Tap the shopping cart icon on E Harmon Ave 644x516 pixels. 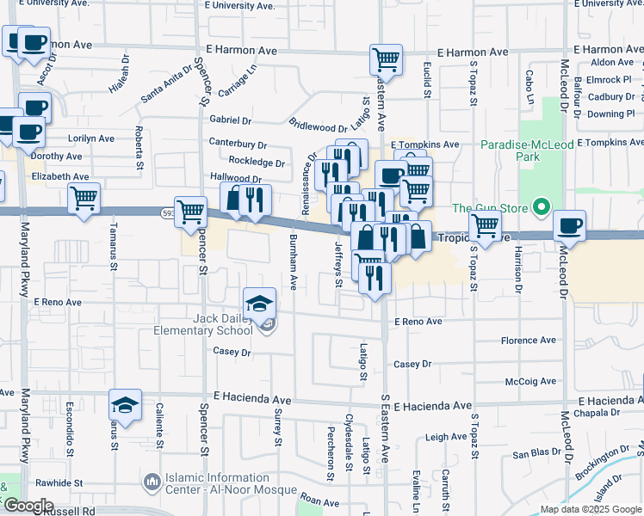pyautogui.click(x=386, y=60)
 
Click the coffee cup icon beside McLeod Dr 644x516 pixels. pyautogui.click(x=569, y=226)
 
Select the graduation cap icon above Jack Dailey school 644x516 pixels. pyautogui.click(x=259, y=303)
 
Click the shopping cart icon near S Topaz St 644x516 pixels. pyautogui.click(x=485, y=226)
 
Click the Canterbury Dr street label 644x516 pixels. pyautogui.click(x=238, y=144)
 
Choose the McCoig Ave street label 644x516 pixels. pyautogui.click(x=533, y=381)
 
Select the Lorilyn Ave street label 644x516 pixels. pyautogui.click(x=91, y=138)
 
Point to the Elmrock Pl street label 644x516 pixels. pyautogui.click(x=609, y=80)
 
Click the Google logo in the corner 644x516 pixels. pyautogui.click(x=28, y=505)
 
